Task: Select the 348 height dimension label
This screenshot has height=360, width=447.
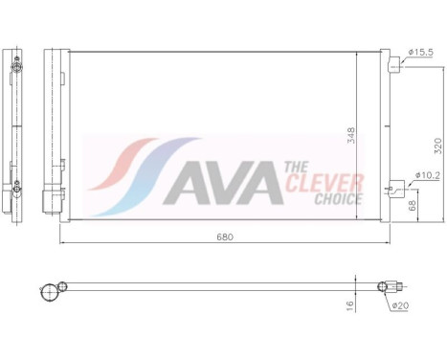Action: (350, 135)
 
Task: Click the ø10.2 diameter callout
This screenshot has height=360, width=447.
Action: (426, 174)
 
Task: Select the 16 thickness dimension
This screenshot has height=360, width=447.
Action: (350, 304)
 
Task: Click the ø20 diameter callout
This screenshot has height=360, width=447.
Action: (401, 306)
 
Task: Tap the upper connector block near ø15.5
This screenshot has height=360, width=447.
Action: (392, 64)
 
